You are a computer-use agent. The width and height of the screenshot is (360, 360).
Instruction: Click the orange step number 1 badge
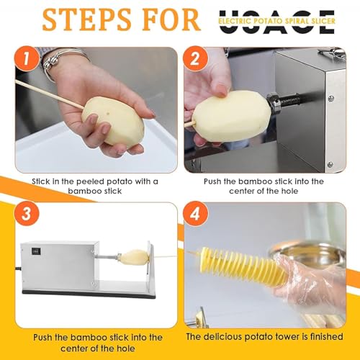[26, 58]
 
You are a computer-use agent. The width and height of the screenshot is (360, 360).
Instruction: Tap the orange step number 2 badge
[195, 58]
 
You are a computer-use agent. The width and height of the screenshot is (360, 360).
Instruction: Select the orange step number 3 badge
[27, 213]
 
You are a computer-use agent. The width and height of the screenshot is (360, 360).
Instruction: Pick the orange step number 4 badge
[195, 214]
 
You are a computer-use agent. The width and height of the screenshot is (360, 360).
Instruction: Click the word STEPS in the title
[87, 20]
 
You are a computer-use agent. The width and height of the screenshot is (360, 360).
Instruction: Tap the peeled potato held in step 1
[113, 121]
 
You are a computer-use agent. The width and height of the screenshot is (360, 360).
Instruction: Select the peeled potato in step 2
[232, 117]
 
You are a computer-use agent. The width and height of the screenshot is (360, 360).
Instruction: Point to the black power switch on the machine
[36, 251]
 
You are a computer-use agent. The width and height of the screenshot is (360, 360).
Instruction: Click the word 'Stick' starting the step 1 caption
[41, 181]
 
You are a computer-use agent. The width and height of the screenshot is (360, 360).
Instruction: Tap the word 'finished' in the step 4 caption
[327, 336]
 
